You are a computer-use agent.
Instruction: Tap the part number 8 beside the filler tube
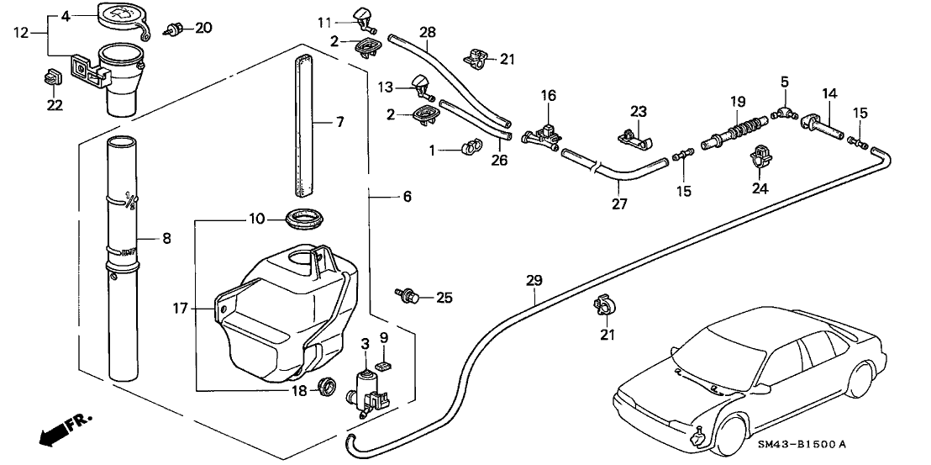[166, 239]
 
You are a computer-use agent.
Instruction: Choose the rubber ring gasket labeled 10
[305, 220]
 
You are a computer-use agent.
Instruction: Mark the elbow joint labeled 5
[783, 108]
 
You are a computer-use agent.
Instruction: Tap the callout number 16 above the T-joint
[548, 97]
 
